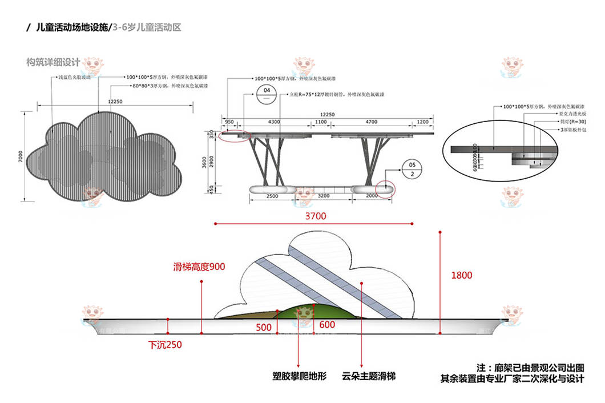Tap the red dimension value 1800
(462, 275)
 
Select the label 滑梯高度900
(199, 267)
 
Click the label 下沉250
(166, 344)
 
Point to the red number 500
(264, 328)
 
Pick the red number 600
(327, 325)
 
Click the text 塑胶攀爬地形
(300, 377)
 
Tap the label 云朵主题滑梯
(369, 377)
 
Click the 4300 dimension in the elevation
(274, 122)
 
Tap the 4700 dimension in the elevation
(372, 122)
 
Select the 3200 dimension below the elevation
(324, 196)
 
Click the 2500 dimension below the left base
(272, 196)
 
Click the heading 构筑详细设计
(53, 62)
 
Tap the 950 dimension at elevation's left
(229, 122)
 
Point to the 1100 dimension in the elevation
(321, 122)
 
